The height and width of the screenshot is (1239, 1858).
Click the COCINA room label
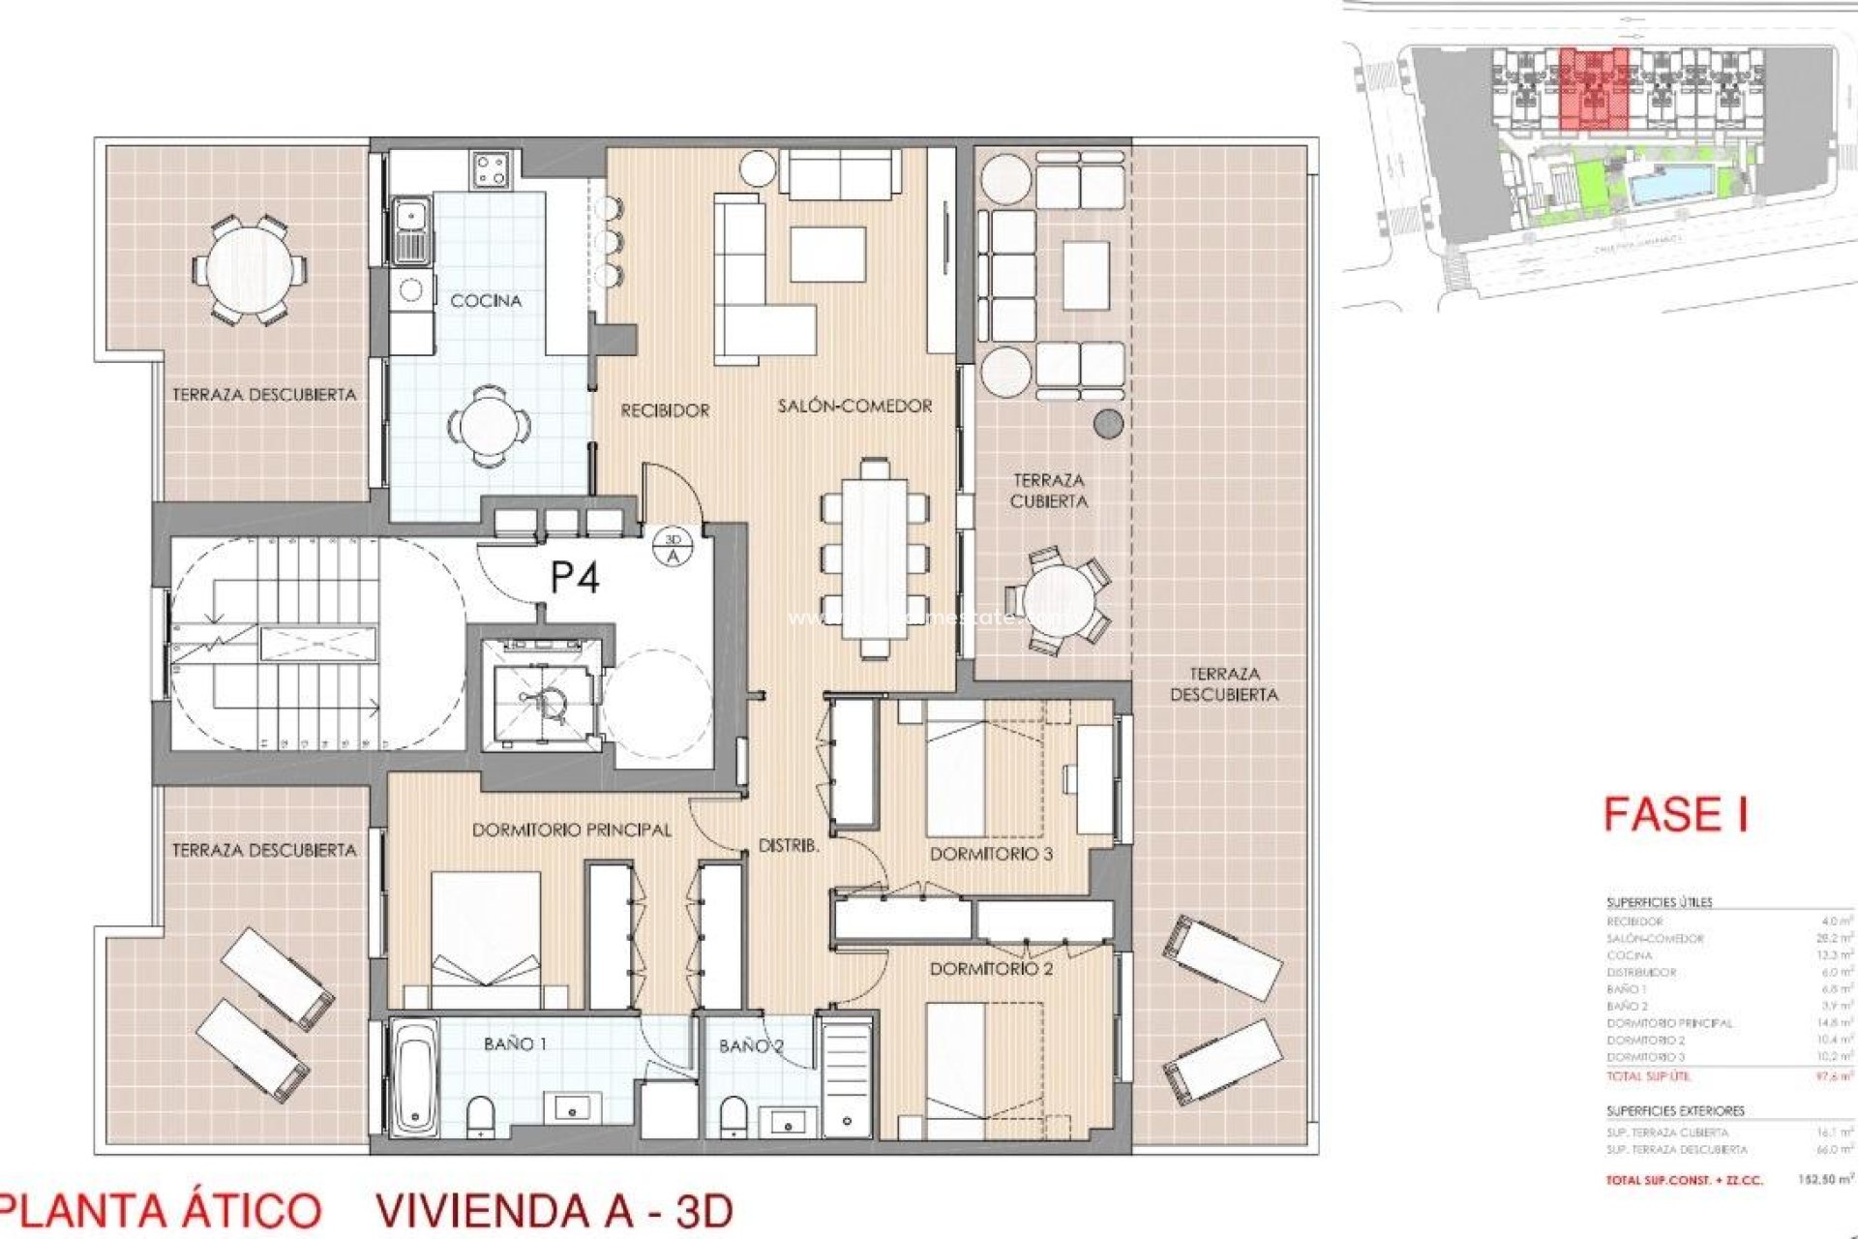tap(486, 301)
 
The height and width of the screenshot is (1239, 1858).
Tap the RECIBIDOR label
tap(665, 410)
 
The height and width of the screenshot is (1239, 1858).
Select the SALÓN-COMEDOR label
tap(854, 407)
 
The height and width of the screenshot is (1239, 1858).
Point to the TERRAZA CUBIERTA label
tap(1048, 491)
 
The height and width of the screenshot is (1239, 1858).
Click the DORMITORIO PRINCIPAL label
tap(571, 831)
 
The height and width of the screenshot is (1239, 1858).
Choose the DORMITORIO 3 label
tap(991, 854)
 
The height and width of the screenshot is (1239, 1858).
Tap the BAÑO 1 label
tap(515, 1043)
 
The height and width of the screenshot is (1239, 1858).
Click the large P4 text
tap(575, 578)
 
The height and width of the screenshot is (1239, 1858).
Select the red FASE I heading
tap(1675, 814)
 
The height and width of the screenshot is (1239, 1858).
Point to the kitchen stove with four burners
tap(491, 170)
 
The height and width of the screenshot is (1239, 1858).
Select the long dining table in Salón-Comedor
tap(874, 559)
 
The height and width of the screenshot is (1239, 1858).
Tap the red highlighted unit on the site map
tap(1594, 90)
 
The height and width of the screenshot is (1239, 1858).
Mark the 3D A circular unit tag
tap(674, 548)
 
